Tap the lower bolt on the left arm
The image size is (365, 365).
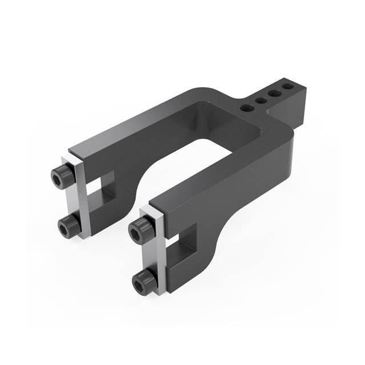coord(69,228)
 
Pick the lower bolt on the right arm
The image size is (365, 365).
coord(144,281)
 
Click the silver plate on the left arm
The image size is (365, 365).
coord(80,200)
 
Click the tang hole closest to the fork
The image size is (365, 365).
coord(248,107)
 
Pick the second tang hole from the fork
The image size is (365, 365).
coord(261,101)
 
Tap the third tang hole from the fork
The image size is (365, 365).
coord(274,94)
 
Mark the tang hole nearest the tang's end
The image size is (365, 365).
coord(288,87)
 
